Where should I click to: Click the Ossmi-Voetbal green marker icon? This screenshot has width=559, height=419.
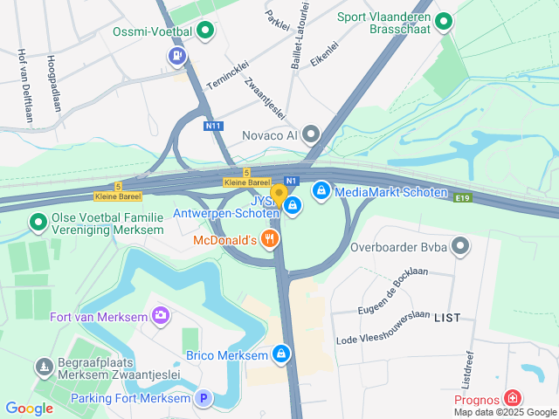click(x=205, y=32)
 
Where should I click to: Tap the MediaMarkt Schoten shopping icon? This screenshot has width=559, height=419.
click(x=321, y=189)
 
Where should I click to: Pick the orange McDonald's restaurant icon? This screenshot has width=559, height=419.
click(x=271, y=237)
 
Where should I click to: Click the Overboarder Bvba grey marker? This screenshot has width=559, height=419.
click(x=461, y=248)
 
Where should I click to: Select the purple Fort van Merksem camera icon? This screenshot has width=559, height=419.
click(x=160, y=314)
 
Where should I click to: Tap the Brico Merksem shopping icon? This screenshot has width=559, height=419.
click(x=280, y=354)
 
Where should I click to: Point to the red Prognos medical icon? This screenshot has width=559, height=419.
click(x=513, y=399)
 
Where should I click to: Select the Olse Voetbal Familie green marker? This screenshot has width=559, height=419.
click(x=38, y=223)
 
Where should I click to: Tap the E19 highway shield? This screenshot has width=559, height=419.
click(x=464, y=200)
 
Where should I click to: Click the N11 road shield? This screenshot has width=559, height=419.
click(x=213, y=126)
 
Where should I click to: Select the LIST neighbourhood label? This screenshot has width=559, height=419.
click(x=447, y=319)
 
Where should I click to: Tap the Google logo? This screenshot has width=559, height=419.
click(x=29, y=408)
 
